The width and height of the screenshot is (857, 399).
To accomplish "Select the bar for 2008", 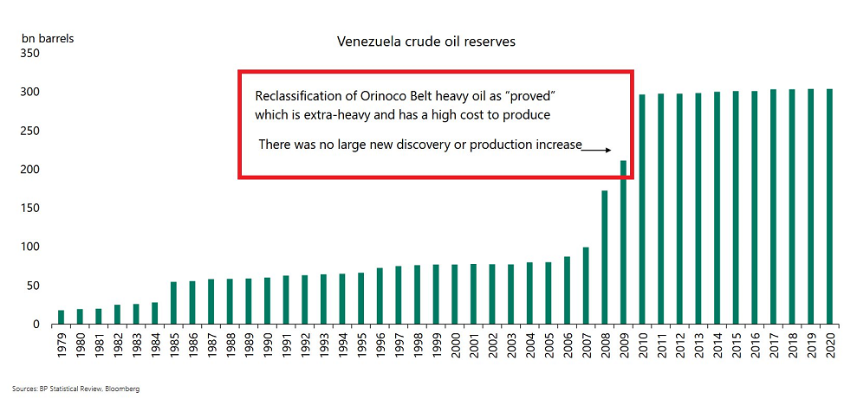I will (x=604, y=257).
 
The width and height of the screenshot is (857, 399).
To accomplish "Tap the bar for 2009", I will (x=623, y=242).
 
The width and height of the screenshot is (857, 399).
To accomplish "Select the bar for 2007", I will (x=586, y=286).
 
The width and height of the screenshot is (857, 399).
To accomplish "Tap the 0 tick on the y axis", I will (x=36, y=325).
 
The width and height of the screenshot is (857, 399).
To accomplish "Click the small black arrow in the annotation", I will (x=596, y=149).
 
